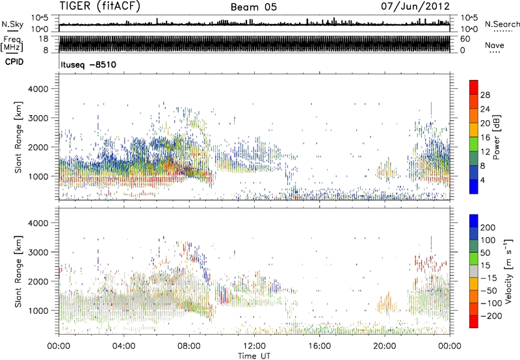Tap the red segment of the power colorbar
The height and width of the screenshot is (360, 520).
point(474,88)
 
